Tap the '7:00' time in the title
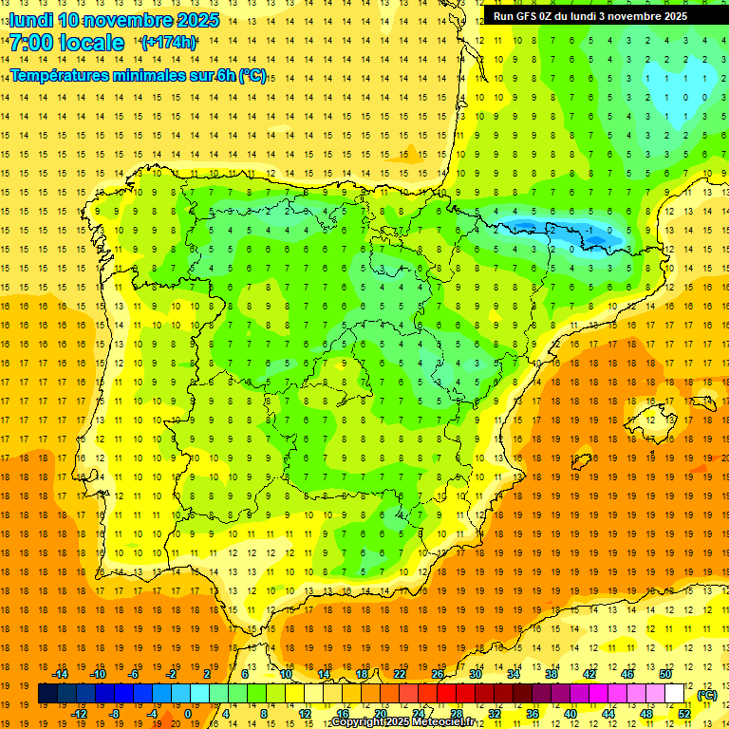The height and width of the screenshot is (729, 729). coord(31,43)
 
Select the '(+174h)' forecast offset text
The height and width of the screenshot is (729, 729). coord(168,43)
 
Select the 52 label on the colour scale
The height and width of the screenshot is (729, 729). coord(684,713)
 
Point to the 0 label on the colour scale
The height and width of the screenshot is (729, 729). coord(188,713)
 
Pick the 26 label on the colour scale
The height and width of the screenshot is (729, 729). coord(438,674)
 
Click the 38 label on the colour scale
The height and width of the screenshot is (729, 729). coord(551,674)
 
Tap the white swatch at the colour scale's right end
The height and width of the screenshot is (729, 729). coord(674,694)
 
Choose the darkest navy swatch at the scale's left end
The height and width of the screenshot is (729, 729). coord(48,694)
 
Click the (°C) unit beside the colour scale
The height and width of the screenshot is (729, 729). coord(706,695)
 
